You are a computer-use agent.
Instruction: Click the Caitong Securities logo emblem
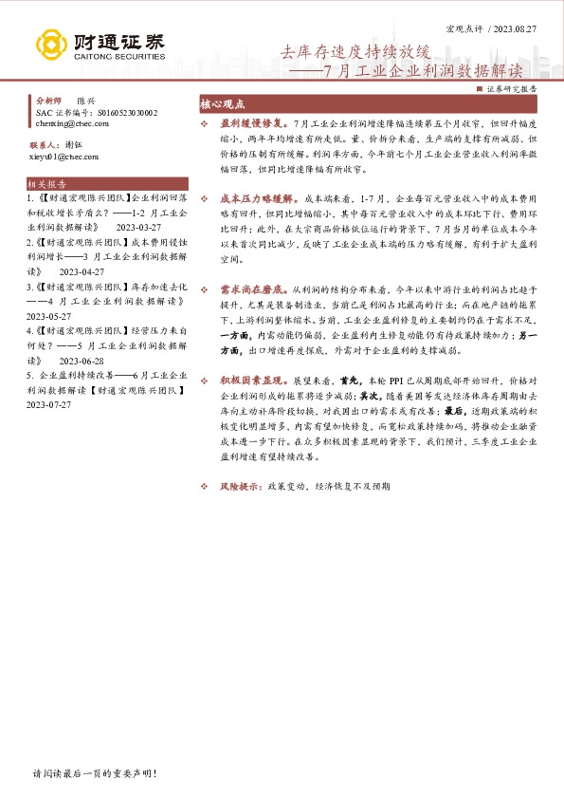51,43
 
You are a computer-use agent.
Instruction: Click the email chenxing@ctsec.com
70,123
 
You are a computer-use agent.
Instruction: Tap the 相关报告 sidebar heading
47,184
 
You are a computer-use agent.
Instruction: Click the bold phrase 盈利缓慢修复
252,124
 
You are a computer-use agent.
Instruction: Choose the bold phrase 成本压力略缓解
255,200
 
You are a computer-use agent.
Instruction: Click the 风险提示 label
241,485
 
